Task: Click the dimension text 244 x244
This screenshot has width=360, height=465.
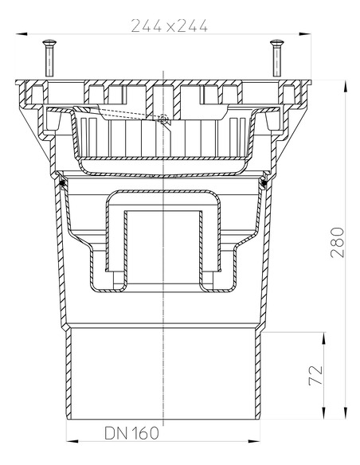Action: pos(168,26)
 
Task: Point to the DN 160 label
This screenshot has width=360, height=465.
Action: pos(132,433)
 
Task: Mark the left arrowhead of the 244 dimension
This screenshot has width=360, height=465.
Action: pos(19,33)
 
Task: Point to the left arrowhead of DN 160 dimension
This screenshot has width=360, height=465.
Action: pos(69,442)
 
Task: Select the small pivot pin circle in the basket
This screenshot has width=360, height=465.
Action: pos(162,119)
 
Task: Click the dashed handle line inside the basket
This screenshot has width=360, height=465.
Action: pos(127,113)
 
